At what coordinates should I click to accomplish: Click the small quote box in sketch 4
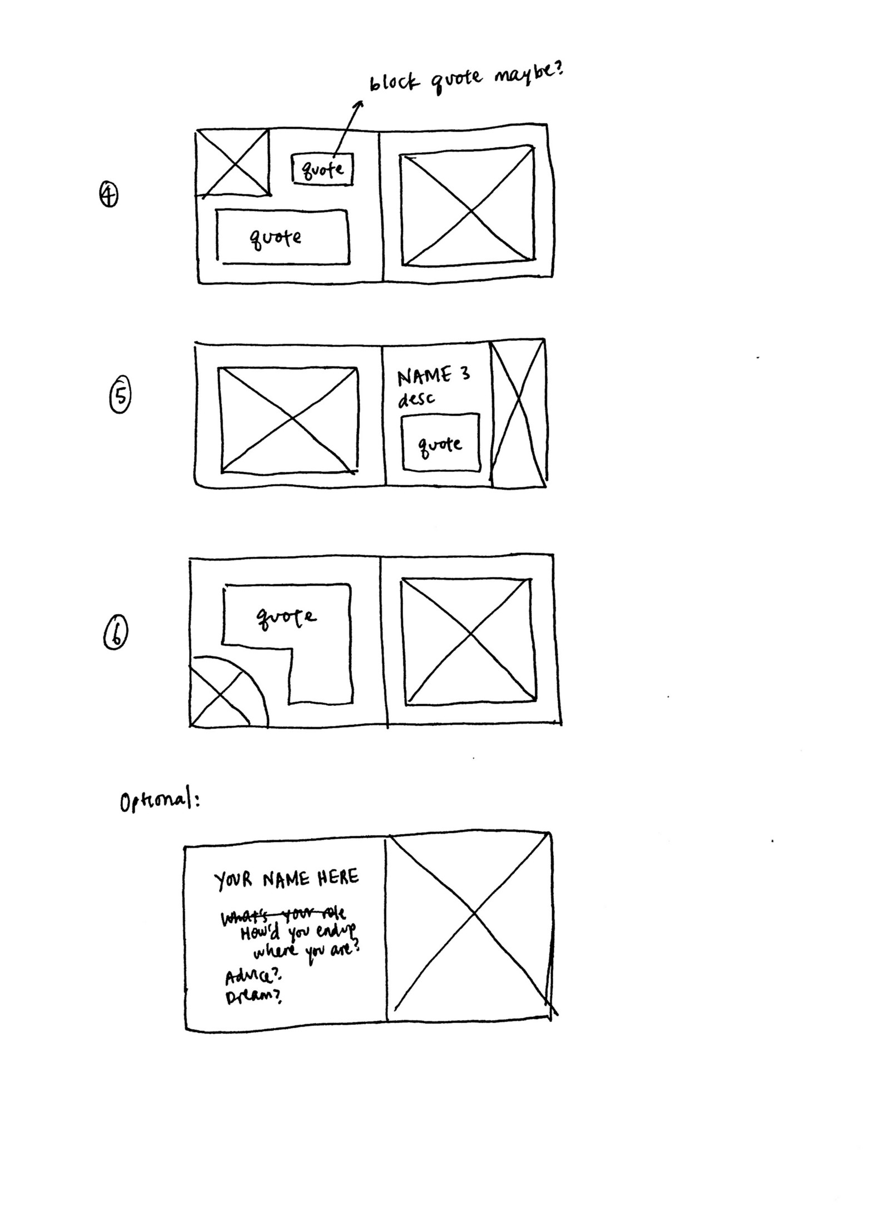tap(322, 168)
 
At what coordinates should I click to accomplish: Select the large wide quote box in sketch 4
tap(282, 237)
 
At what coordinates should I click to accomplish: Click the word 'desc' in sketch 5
tap(416, 398)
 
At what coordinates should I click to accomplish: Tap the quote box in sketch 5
tap(440, 443)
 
